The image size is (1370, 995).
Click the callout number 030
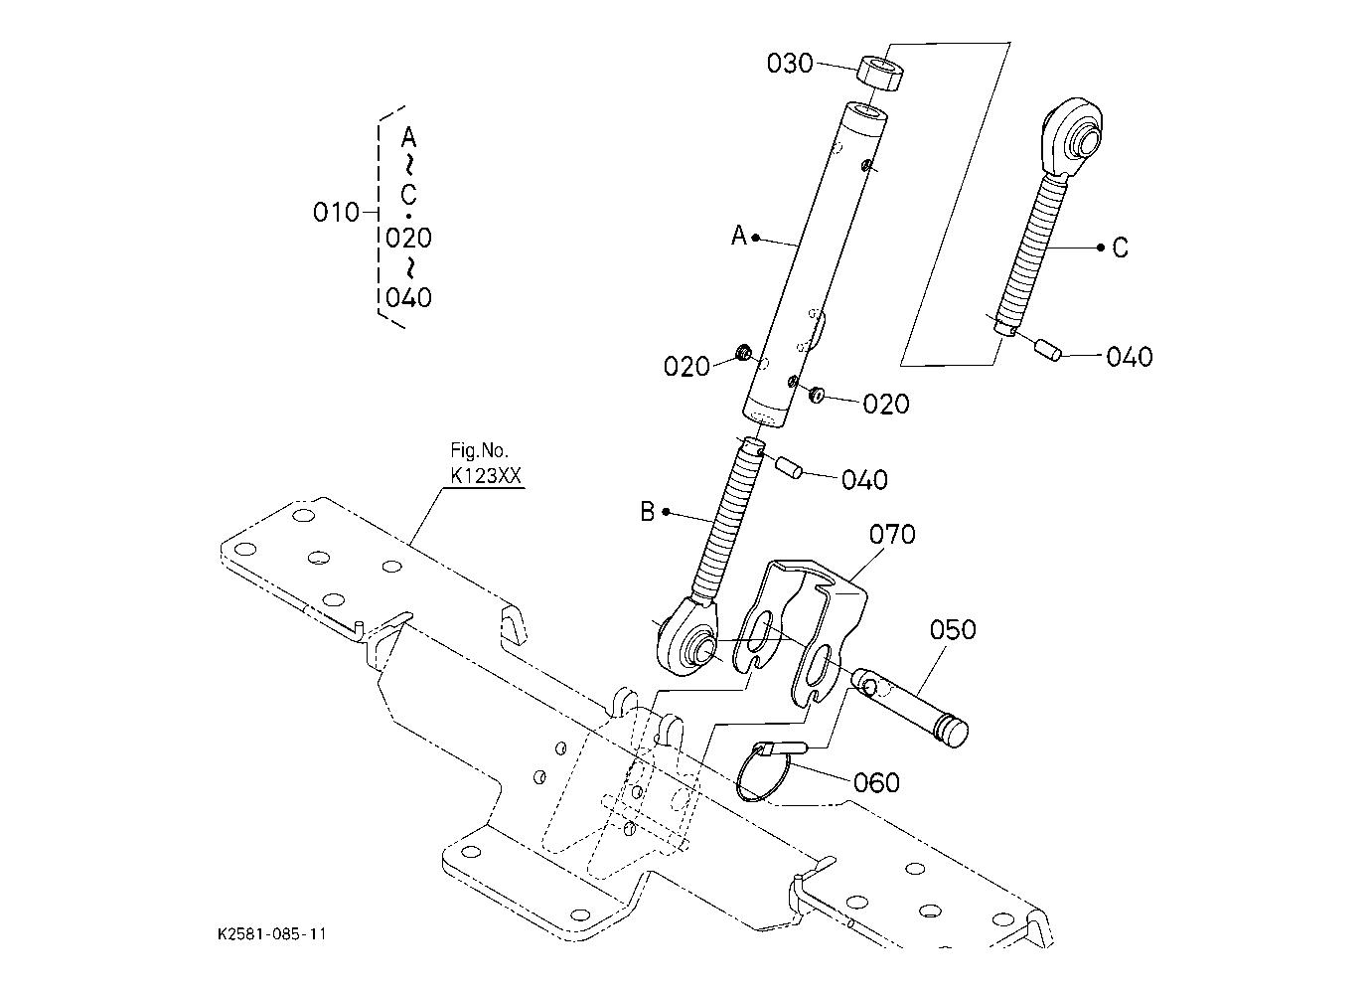click(x=790, y=64)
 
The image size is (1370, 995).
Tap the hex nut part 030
click(x=882, y=74)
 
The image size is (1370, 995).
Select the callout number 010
click(x=336, y=213)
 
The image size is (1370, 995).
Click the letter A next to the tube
click(x=739, y=235)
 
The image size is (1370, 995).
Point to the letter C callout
click(x=1120, y=248)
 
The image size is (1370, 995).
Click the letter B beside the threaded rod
click(x=647, y=512)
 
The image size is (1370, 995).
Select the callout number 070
click(x=892, y=534)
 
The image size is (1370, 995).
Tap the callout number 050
click(x=953, y=629)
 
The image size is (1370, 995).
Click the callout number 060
click(x=876, y=782)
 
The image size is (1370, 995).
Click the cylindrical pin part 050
click(x=910, y=708)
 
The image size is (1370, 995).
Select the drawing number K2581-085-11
click(x=271, y=933)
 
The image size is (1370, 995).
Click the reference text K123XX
click(x=486, y=475)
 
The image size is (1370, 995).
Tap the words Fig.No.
click(x=479, y=450)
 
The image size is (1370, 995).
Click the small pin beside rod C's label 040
click(x=1048, y=350)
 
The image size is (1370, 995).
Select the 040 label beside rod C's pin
click(x=1129, y=356)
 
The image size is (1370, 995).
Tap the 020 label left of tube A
click(x=686, y=367)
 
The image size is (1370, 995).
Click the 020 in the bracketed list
click(x=408, y=238)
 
